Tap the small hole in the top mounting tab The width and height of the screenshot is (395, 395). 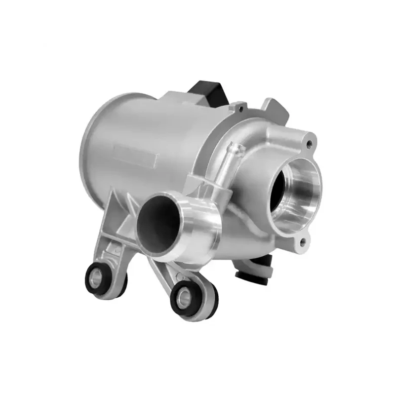click(x=239, y=105)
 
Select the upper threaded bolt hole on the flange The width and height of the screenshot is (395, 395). click(x=310, y=144)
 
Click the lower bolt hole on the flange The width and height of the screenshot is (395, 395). click(x=303, y=241)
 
